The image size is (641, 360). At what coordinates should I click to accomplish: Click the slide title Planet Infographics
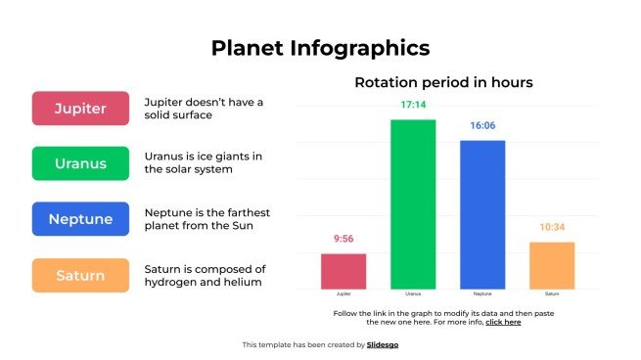click(320, 47)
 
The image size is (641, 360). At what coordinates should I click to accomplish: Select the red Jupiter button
click(80, 109)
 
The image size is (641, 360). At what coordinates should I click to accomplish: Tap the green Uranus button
click(80, 163)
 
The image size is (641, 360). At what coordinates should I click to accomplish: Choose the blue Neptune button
click(80, 219)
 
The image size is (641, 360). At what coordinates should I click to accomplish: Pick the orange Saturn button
click(80, 275)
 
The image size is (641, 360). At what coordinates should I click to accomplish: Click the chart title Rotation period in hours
click(443, 83)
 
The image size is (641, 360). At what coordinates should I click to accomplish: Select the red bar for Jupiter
click(343, 271)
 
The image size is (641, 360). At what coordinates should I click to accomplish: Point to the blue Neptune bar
click(482, 214)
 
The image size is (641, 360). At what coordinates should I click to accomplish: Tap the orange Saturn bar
click(552, 265)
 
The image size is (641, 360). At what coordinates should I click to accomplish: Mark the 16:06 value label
click(482, 126)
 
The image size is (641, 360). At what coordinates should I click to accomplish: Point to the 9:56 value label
click(343, 239)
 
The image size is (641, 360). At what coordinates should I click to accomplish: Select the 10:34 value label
click(552, 227)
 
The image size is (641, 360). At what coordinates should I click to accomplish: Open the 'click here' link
click(503, 321)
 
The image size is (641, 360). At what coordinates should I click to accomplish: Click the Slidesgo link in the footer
click(383, 344)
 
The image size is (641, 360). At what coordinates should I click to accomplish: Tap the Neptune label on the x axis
click(482, 293)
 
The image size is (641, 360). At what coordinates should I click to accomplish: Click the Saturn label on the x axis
click(552, 293)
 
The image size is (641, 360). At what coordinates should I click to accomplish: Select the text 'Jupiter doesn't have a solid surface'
click(204, 109)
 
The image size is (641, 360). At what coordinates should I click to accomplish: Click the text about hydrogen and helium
click(205, 275)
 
